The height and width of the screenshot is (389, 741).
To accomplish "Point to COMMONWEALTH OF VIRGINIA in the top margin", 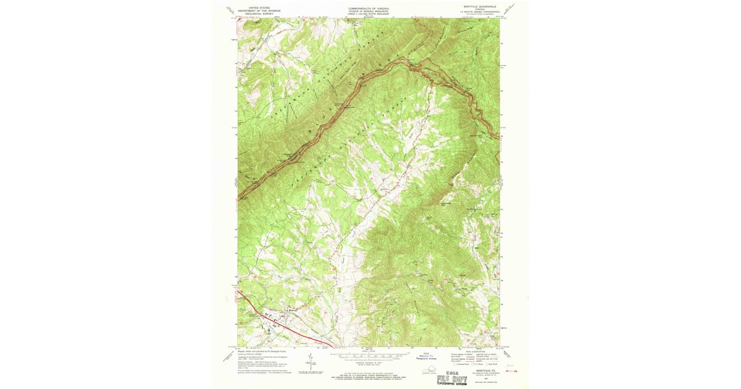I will point(369,7).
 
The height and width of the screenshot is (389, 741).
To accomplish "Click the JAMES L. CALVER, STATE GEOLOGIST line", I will point(369,14).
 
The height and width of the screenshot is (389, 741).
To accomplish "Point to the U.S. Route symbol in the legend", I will point(476,361).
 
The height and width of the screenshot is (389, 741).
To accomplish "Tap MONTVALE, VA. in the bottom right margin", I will point(476,369).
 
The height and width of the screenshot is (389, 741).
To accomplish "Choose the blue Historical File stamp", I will point(428,356).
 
